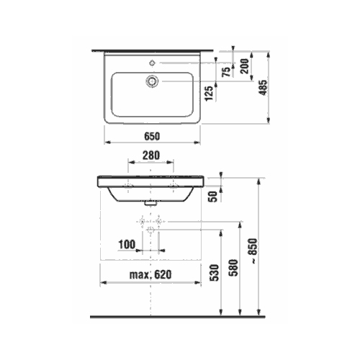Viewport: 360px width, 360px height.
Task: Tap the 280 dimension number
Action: pyautogui.click(x=150, y=154)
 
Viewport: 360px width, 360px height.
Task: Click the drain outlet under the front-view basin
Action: pyautogui.click(x=150, y=204)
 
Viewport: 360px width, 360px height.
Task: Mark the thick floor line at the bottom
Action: pyautogui.click(x=180, y=318)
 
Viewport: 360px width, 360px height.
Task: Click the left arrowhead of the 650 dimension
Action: pyautogui.click(x=107, y=143)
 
